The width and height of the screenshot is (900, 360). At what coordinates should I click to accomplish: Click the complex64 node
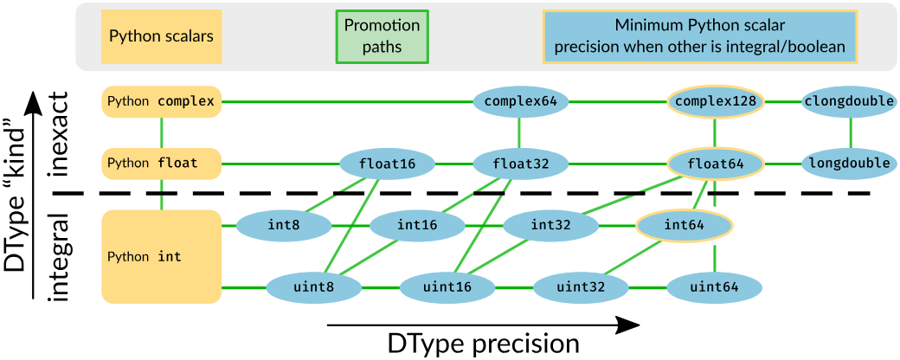tap(520, 102)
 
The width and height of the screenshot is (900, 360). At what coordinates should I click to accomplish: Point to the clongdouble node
tap(849, 102)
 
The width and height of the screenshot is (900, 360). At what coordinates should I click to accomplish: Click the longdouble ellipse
tap(849, 163)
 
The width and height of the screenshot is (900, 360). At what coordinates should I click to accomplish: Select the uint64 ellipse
tap(714, 287)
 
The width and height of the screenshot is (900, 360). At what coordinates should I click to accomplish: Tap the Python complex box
tap(162, 102)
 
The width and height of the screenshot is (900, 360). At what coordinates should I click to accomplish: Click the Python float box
tap(162, 163)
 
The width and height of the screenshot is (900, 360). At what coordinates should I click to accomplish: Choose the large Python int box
tap(162, 257)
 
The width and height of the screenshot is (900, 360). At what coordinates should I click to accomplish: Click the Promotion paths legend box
tap(382, 36)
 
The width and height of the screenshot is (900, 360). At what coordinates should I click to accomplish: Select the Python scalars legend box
tap(161, 36)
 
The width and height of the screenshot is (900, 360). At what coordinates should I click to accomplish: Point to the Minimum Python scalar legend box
tap(699, 36)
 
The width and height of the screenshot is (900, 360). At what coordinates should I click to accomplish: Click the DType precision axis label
tap(483, 344)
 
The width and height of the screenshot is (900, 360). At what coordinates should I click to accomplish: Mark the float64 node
tap(714, 163)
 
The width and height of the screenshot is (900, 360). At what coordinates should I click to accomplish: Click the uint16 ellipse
tap(447, 287)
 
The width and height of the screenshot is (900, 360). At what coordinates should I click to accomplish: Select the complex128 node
tap(716, 102)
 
